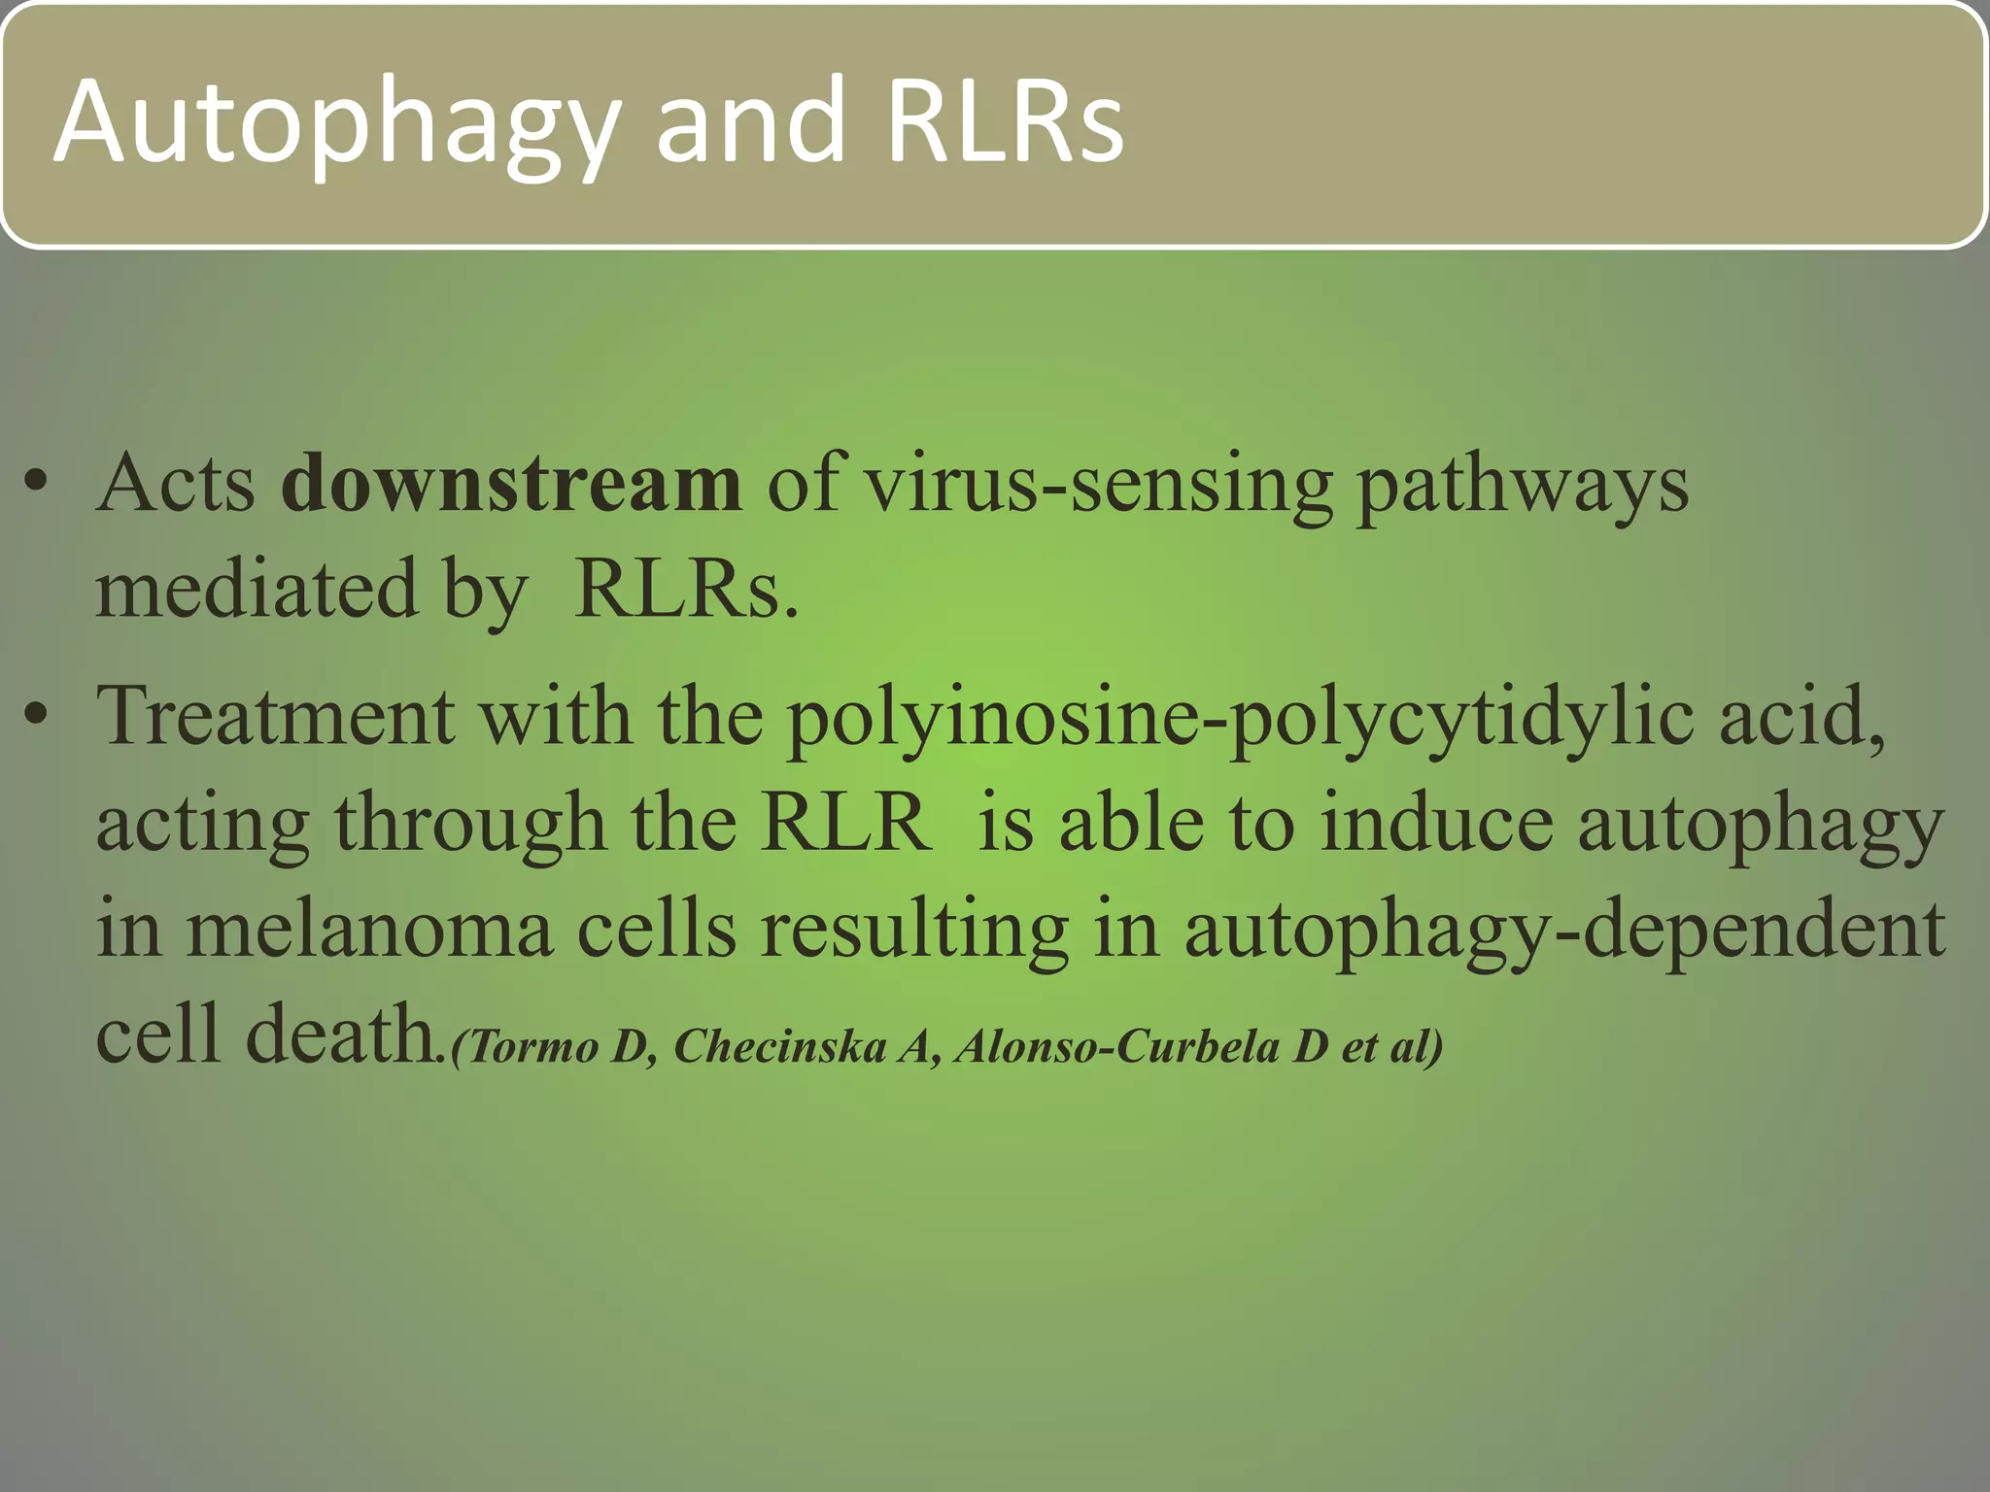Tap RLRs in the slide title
point(1005,120)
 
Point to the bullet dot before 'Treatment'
point(37,716)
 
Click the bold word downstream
point(511,483)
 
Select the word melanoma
point(369,930)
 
